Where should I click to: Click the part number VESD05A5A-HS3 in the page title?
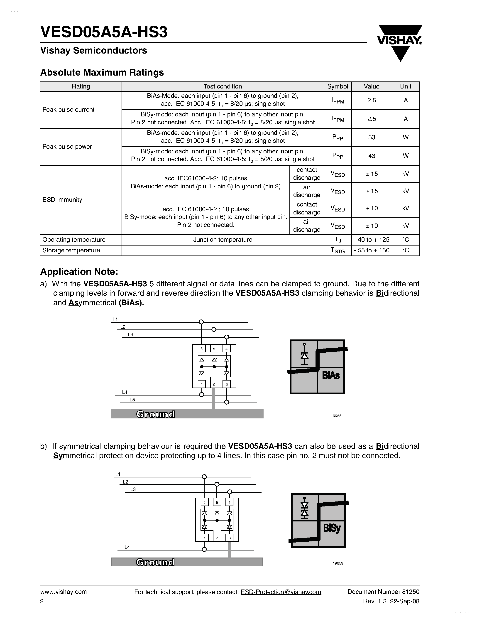(104, 32)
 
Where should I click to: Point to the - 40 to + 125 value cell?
(372, 240)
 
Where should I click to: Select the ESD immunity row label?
(62, 200)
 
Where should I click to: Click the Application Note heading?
(79, 271)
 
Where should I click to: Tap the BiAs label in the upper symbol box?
(331, 375)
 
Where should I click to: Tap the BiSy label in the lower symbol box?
(332, 528)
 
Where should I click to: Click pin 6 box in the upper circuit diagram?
(202, 349)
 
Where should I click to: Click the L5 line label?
(132, 400)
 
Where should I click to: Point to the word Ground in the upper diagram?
(156, 414)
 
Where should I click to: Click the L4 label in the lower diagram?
(127, 547)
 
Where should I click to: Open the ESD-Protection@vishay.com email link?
(281, 592)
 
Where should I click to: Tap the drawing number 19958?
(336, 416)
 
